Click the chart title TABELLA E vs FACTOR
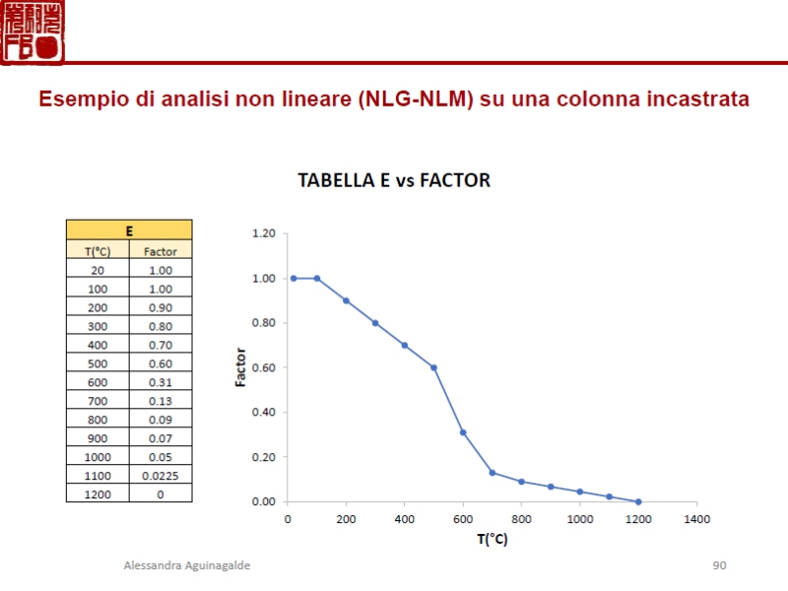pyautogui.click(x=394, y=181)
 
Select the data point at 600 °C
pyautogui.click(x=463, y=432)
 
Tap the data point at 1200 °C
pyautogui.click(x=638, y=501)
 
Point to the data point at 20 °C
pyautogui.click(x=294, y=278)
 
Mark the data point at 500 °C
pyautogui.click(x=433, y=367)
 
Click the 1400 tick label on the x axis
pyautogui.click(x=696, y=518)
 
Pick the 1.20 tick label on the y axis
pyautogui.click(x=263, y=233)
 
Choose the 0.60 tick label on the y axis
pyautogui.click(x=263, y=367)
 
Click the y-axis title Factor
pyautogui.click(x=241, y=367)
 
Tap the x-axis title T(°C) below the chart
pyautogui.click(x=492, y=539)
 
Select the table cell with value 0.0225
pyautogui.click(x=161, y=476)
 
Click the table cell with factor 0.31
pyautogui.click(x=161, y=382)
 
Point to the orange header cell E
pyautogui.click(x=129, y=231)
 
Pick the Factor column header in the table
pyautogui.click(x=161, y=251)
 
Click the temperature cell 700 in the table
pyautogui.click(x=98, y=401)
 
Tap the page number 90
pyautogui.click(x=719, y=565)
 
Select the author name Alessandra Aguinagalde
pyautogui.click(x=186, y=565)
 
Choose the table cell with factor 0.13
pyautogui.click(x=161, y=401)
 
